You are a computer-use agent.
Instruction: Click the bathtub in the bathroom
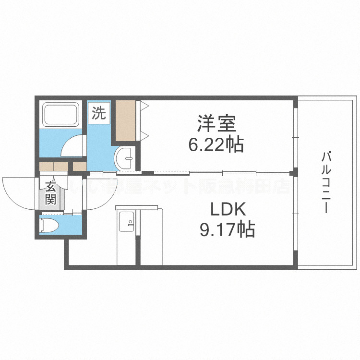pos(61,115)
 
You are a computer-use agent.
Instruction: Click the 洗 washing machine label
pos(98,113)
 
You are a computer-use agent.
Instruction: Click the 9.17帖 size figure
pos(227,231)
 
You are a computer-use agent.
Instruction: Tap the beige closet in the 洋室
pos(126,120)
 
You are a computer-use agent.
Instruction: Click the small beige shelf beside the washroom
pos(79,167)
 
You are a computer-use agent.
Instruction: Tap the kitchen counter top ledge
pos(137,207)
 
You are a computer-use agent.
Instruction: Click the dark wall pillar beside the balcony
pos(295,172)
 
